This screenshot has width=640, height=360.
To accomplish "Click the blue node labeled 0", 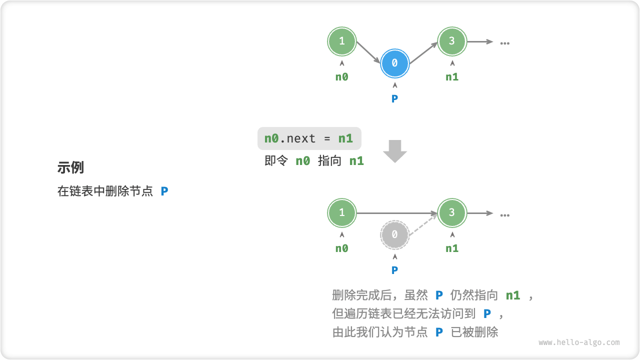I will point(394,63).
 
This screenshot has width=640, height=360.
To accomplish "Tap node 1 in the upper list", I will point(341,41).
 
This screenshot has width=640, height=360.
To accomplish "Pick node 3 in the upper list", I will point(451,41).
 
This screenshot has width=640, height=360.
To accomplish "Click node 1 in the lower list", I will point(341,212).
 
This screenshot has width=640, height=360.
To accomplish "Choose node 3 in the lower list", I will point(451,212).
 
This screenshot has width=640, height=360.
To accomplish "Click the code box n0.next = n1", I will point(308,138).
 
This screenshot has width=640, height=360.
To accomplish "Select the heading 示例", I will point(70,167).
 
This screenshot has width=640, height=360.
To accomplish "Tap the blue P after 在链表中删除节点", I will point(164,191).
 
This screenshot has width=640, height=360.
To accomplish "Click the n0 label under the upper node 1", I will point(341,77).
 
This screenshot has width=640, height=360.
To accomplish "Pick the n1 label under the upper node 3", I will point(451,77).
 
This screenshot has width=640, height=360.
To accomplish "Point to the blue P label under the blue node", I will point(394,98).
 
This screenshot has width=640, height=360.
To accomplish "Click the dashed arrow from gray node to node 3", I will point(424,223).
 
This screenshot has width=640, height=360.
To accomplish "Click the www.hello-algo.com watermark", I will point(579,342).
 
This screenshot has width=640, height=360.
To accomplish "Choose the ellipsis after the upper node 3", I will point(504,42).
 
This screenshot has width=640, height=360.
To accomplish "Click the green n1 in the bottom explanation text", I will point(513,295).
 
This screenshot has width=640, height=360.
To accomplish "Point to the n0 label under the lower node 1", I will point(341,248).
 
